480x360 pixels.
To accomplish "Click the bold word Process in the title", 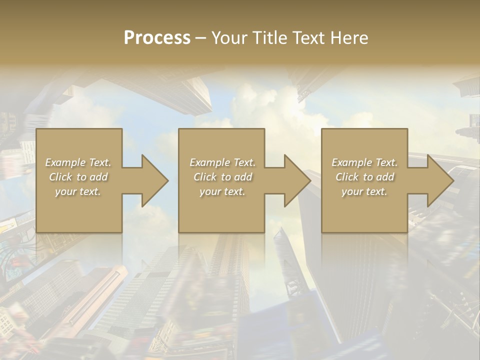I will [x=157, y=38].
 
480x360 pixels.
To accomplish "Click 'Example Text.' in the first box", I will [x=78, y=162].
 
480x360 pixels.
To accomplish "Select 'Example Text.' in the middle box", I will [x=222, y=162].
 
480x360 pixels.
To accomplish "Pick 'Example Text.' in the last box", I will [x=364, y=162].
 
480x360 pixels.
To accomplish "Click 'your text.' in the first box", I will [x=78, y=191].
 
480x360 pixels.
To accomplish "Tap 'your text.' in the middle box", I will [x=222, y=191].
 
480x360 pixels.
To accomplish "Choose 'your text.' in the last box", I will [x=364, y=191].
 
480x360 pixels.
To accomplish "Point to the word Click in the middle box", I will [x=205, y=177].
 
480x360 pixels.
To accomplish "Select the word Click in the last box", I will [x=347, y=177].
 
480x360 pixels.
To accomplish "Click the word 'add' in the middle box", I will [x=243, y=177].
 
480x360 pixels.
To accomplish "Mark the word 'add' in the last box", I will [x=385, y=177].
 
